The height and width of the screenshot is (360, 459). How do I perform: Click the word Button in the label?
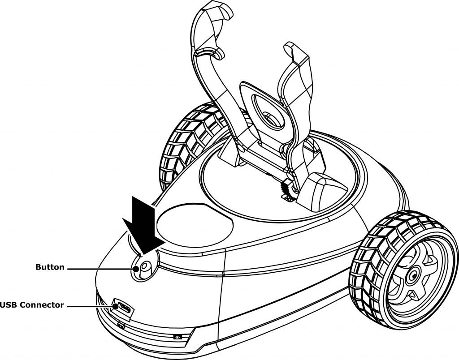(x=50, y=267)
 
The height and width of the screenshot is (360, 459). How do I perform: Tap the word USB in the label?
(x=9, y=305)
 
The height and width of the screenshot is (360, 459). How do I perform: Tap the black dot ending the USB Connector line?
(x=116, y=306)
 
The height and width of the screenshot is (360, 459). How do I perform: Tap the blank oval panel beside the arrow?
(x=195, y=224)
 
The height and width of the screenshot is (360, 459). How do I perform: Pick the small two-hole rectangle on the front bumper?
(x=178, y=337)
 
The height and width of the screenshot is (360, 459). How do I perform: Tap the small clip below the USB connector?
(x=121, y=325)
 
